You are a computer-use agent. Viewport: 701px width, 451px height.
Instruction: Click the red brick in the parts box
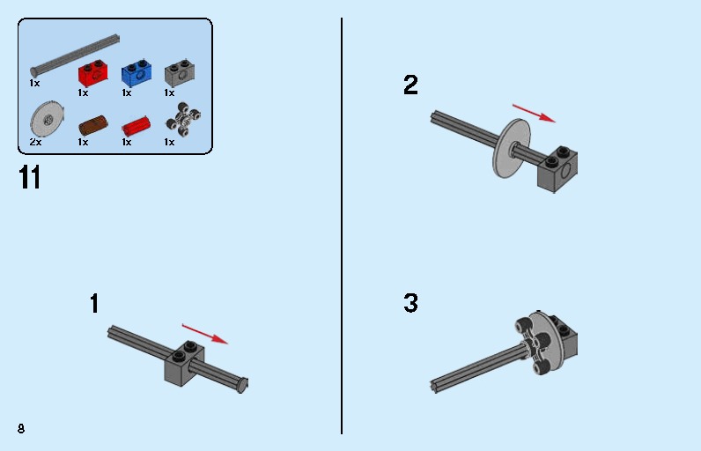pyautogui.click(x=93, y=74)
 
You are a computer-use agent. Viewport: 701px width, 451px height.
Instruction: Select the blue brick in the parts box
pyautogui.click(x=137, y=74)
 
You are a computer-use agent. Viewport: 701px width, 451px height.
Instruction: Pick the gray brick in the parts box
pyautogui.click(x=180, y=73)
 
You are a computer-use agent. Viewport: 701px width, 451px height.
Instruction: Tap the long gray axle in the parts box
pyautogui.click(x=75, y=55)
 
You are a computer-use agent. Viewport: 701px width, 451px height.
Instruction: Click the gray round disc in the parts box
pyautogui.click(x=47, y=119)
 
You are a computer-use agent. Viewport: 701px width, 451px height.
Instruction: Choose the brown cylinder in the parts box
pyautogui.click(x=93, y=125)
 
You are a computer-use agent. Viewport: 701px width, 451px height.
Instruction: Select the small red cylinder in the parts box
pyautogui.click(x=136, y=126)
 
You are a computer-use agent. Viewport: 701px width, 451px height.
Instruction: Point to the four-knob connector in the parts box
pyautogui.click(x=183, y=119)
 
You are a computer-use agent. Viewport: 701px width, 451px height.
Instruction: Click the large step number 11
pyautogui.click(x=30, y=177)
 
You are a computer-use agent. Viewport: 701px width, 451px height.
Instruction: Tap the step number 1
pyautogui.click(x=94, y=304)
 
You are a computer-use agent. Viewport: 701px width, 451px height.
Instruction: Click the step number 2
pyautogui.click(x=410, y=85)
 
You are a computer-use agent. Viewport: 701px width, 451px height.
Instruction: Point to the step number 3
pyautogui.click(x=410, y=303)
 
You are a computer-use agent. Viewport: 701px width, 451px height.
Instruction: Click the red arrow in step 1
pyautogui.click(x=205, y=334)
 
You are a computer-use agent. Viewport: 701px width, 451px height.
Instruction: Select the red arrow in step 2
pyautogui.click(x=534, y=113)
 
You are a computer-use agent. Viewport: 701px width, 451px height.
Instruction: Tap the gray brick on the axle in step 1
pyautogui.click(x=184, y=364)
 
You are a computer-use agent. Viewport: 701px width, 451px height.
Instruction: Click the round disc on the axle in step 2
pyautogui.click(x=512, y=148)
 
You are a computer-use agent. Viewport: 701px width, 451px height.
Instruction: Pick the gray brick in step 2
pyautogui.click(x=557, y=169)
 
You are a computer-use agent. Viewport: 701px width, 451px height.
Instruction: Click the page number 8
pyautogui.click(x=21, y=429)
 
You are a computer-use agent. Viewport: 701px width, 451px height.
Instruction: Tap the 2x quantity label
pyautogui.click(x=35, y=142)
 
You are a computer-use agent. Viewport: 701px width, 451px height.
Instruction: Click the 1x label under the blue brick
pyautogui.click(x=127, y=93)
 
